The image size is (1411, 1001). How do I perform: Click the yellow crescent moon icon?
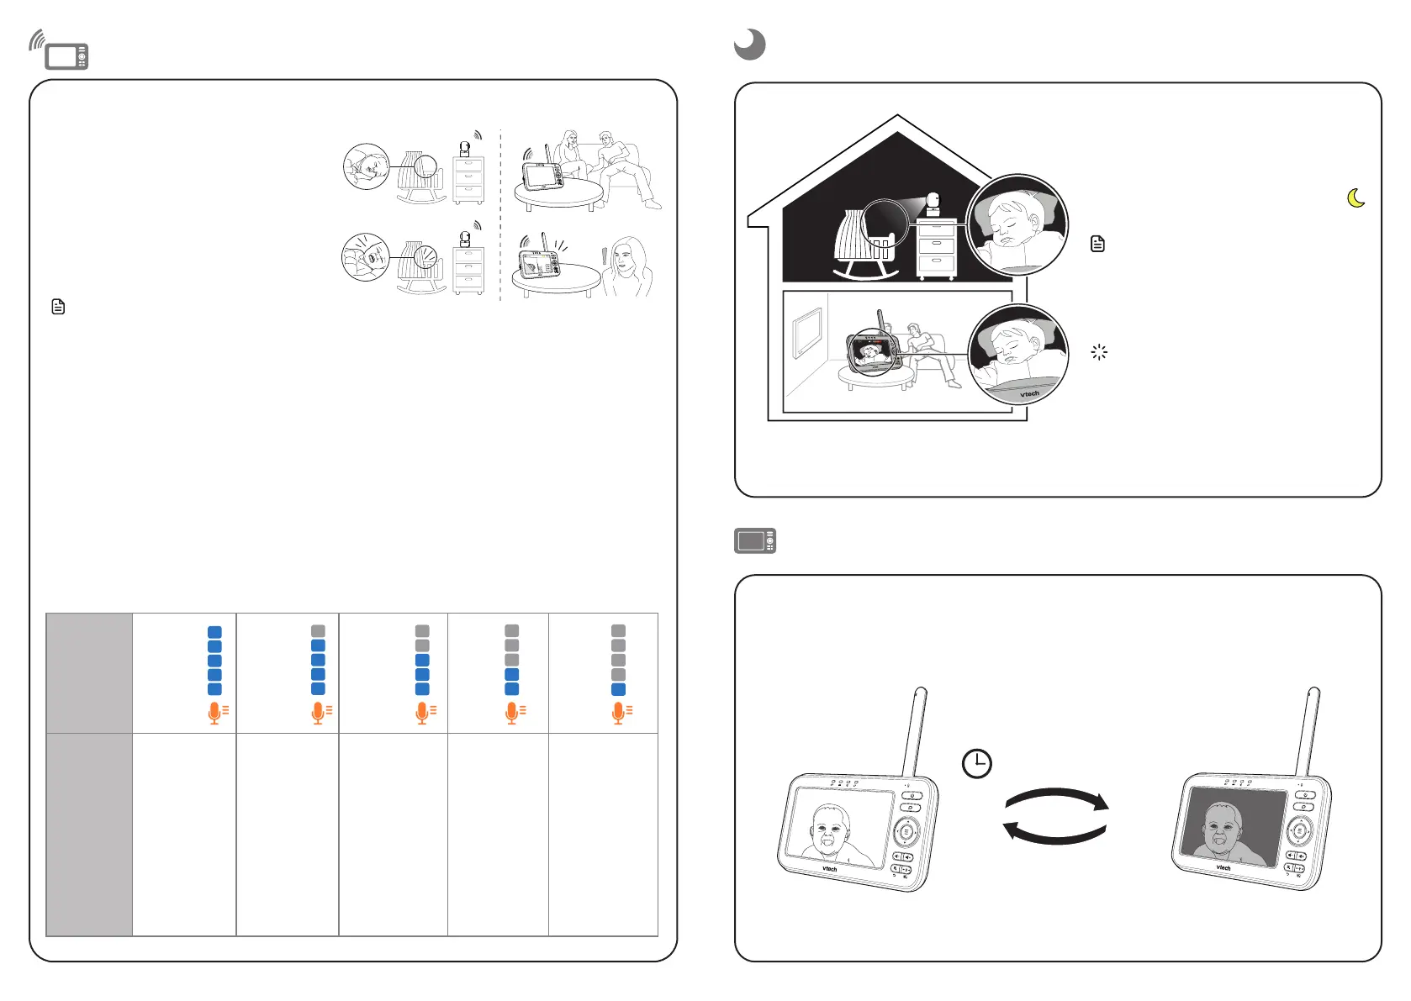click(x=1356, y=198)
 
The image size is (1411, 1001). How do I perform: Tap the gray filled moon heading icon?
click(x=749, y=45)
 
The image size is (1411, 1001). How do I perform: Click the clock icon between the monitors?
click(x=976, y=763)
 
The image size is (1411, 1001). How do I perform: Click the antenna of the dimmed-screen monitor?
click(x=1308, y=731)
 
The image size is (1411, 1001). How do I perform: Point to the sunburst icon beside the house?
click(x=1099, y=352)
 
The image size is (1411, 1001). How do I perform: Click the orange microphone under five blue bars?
click(x=215, y=713)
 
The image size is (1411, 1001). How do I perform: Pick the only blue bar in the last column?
click(x=618, y=689)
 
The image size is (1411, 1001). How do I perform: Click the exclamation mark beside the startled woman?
click(x=604, y=256)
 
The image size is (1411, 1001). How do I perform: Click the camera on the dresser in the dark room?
click(x=933, y=203)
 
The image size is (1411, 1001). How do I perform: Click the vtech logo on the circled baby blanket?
click(x=1029, y=393)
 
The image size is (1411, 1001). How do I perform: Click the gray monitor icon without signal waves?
click(x=754, y=540)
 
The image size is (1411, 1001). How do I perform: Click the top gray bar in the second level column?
click(x=318, y=631)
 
